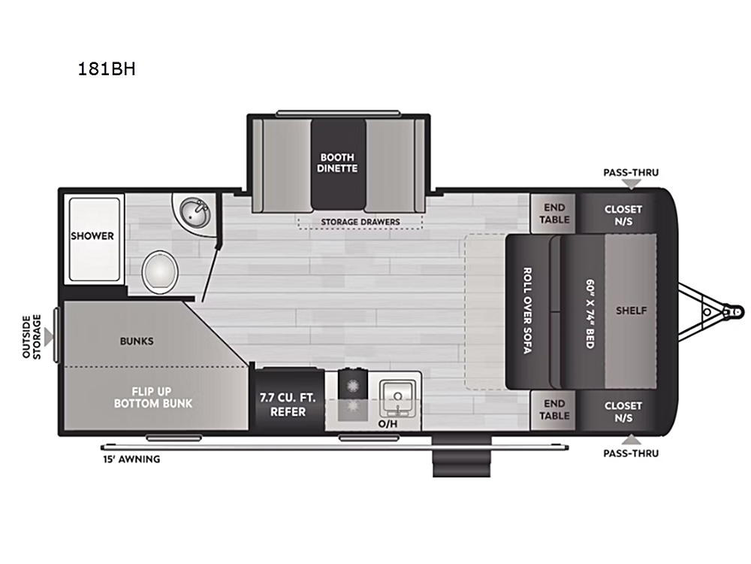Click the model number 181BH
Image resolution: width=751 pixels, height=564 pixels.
tap(107, 69)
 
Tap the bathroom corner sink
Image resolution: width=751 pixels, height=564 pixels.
tap(194, 214)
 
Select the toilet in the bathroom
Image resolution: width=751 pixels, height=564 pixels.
tap(160, 272)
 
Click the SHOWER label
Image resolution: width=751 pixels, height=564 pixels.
tap(92, 236)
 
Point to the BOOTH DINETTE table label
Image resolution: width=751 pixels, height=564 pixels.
tap(337, 162)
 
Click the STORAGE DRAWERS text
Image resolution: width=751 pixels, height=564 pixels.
tap(360, 222)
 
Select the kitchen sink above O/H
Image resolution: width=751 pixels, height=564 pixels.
tap(397, 399)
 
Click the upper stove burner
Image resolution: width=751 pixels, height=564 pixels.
tap(352, 384)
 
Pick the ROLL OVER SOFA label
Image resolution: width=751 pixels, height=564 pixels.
tap(527, 311)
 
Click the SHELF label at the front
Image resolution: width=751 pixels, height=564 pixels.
tap(632, 311)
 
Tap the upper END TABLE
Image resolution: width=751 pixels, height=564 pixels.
tap(554, 214)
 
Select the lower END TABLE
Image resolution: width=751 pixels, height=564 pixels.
tap(554, 410)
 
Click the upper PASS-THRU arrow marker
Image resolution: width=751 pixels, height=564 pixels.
tap(632, 184)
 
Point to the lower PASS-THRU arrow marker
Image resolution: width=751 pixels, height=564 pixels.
tap(632, 439)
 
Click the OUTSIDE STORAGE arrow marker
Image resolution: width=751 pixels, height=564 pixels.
tap(49, 337)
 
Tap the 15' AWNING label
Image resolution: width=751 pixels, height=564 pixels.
tap(131, 459)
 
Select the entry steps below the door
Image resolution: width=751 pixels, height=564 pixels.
tap(461, 456)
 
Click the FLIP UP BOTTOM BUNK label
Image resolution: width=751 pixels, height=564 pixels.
tap(152, 398)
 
